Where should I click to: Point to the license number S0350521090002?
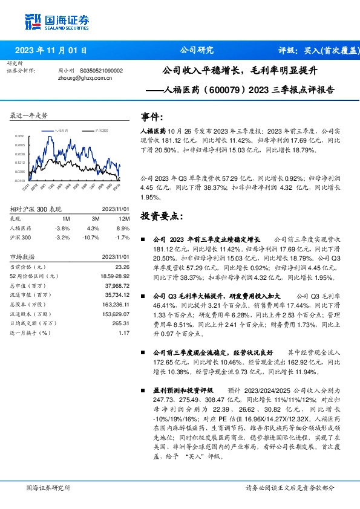point(101,71)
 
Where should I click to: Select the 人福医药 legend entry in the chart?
point(60,130)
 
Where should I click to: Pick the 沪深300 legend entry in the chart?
point(100,130)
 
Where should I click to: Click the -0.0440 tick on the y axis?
point(19,180)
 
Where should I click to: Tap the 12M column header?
point(125,218)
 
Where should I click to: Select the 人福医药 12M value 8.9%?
point(125,229)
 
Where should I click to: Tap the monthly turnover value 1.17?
point(125,333)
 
